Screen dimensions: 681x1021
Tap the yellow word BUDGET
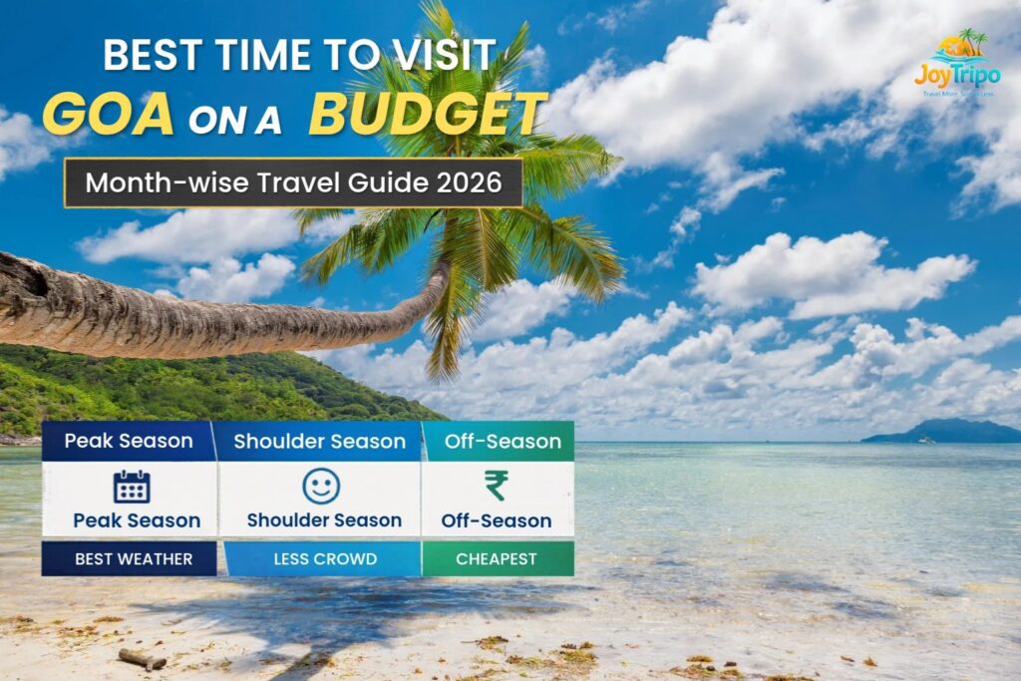click(x=428, y=114)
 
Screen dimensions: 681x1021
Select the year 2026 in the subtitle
click(x=469, y=182)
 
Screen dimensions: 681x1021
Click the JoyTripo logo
click(x=957, y=64)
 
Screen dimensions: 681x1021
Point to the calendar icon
click(x=132, y=487)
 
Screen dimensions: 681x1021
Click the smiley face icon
click(x=321, y=487)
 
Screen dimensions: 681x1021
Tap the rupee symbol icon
click(x=496, y=487)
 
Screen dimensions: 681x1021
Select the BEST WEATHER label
click(x=132, y=559)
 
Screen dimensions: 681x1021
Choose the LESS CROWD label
click(x=325, y=559)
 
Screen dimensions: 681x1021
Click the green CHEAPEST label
click(x=497, y=559)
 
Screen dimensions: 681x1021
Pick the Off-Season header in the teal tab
click(x=498, y=442)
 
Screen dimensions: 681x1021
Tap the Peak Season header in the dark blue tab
click(x=129, y=442)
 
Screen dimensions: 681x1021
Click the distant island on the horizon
click(x=942, y=432)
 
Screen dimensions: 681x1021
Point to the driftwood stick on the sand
click(x=142, y=658)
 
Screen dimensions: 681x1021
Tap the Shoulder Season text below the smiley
click(x=324, y=520)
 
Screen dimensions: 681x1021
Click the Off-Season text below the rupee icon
click(x=497, y=520)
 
